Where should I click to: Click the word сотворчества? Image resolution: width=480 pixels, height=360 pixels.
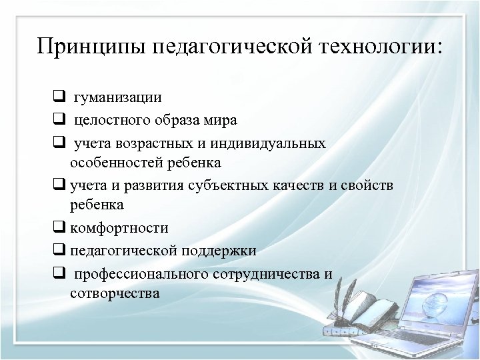coord(114,293)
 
